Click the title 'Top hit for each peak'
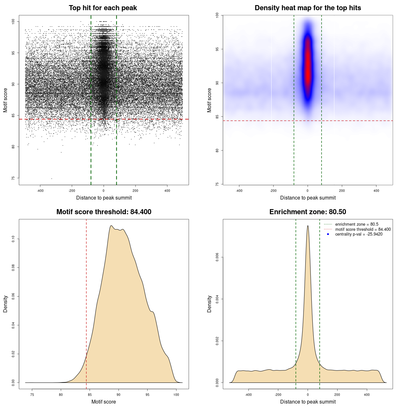point(103,8)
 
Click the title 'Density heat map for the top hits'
point(308,8)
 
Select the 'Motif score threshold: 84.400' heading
point(104,212)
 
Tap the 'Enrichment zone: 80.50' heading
point(308,212)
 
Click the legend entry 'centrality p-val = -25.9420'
point(359,234)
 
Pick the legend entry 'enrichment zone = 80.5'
point(357,224)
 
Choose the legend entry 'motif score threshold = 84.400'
point(363,229)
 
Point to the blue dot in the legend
point(328,234)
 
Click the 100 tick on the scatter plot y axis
point(13,21)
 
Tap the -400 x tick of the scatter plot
point(40,191)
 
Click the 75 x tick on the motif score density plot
point(32,395)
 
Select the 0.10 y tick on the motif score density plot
point(13,239)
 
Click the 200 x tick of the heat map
point(342,191)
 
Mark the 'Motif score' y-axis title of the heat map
point(209,100)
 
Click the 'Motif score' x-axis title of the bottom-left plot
point(104,402)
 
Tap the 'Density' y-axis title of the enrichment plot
point(209,304)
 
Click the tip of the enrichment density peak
point(308,226)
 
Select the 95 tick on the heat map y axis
point(217,49)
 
